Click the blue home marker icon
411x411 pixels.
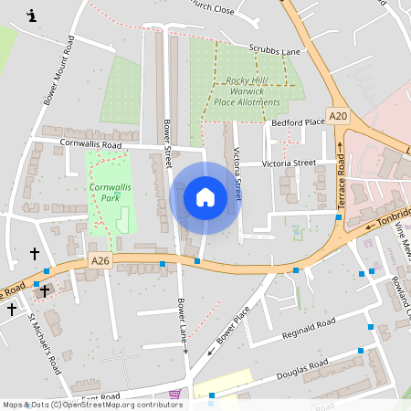tap(205, 196)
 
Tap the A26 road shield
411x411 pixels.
tap(101, 261)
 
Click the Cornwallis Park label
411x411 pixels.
tap(107, 192)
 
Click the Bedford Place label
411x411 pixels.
tap(298, 121)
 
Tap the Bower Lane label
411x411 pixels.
tap(182, 320)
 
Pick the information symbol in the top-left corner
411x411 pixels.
tap(33, 16)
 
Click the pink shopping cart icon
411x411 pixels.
tap(174, 394)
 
